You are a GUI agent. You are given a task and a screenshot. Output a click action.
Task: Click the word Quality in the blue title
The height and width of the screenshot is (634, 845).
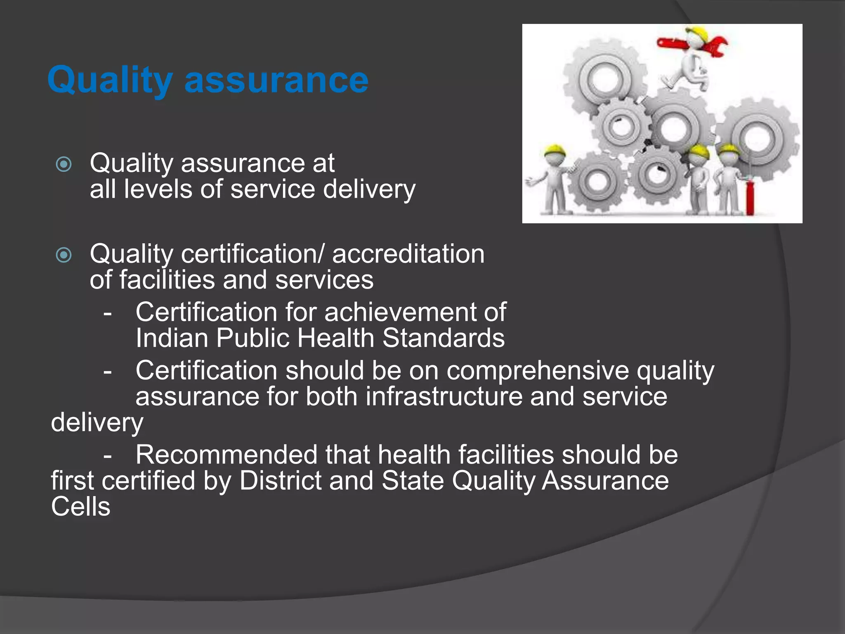click(110, 80)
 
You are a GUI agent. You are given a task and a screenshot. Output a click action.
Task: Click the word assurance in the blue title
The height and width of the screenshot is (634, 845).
click(276, 80)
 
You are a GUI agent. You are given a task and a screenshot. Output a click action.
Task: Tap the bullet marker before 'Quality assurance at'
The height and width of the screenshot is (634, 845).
click(64, 164)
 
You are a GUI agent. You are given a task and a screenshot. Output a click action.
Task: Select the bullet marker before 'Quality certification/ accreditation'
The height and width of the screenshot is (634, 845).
click(64, 255)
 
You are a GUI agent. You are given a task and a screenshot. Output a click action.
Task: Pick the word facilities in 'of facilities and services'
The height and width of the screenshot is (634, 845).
click(167, 280)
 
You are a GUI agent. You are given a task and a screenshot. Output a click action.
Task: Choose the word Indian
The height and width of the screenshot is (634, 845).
click(172, 338)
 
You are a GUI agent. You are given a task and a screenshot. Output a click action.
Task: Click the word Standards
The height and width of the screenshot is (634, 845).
click(443, 338)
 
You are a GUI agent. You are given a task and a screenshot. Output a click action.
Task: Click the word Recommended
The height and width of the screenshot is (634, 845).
click(227, 455)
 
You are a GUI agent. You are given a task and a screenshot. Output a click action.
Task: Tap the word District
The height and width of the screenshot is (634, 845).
click(280, 481)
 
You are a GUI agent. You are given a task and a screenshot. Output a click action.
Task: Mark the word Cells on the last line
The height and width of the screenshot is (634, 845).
click(81, 507)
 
